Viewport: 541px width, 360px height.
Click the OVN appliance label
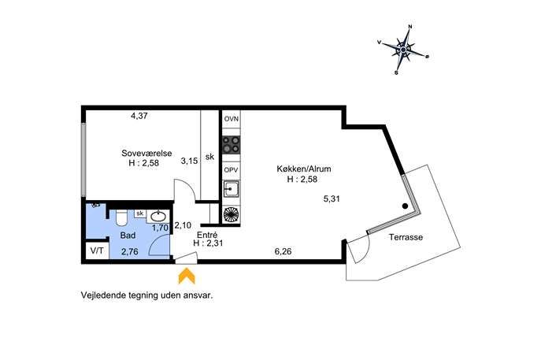coord(232,119)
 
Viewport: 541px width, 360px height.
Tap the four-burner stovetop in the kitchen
coord(232,145)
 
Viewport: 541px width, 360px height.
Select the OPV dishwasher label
coord(232,170)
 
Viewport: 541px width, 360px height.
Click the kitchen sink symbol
coord(232,189)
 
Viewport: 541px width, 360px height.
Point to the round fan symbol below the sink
coord(232,214)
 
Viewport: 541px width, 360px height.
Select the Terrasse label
coord(406,237)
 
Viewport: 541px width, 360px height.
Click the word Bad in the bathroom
coord(128,236)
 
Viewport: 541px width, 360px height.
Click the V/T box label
coord(97,251)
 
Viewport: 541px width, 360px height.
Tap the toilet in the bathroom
coord(121,217)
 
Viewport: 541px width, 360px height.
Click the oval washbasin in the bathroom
coord(158,217)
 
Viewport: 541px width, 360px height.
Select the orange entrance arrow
coord(187,276)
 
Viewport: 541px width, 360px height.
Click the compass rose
coord(403,50)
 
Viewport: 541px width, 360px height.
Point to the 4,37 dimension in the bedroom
coord(139,116)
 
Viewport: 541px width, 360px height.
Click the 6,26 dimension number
coord(283,251)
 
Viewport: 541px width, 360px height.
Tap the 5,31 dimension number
coord(332,199)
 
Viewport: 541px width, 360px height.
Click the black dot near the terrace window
coord(405,206)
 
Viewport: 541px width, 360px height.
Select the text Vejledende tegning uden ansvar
coord(147,295)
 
